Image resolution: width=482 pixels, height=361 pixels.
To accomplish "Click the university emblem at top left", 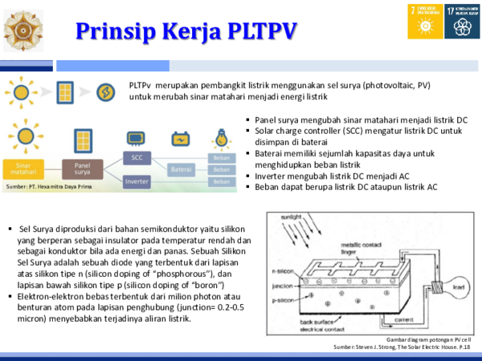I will pos(24,30).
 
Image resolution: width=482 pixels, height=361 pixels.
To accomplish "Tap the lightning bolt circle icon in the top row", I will pos(106,92).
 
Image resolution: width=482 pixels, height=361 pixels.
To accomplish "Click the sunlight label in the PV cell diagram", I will pos(290,217).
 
